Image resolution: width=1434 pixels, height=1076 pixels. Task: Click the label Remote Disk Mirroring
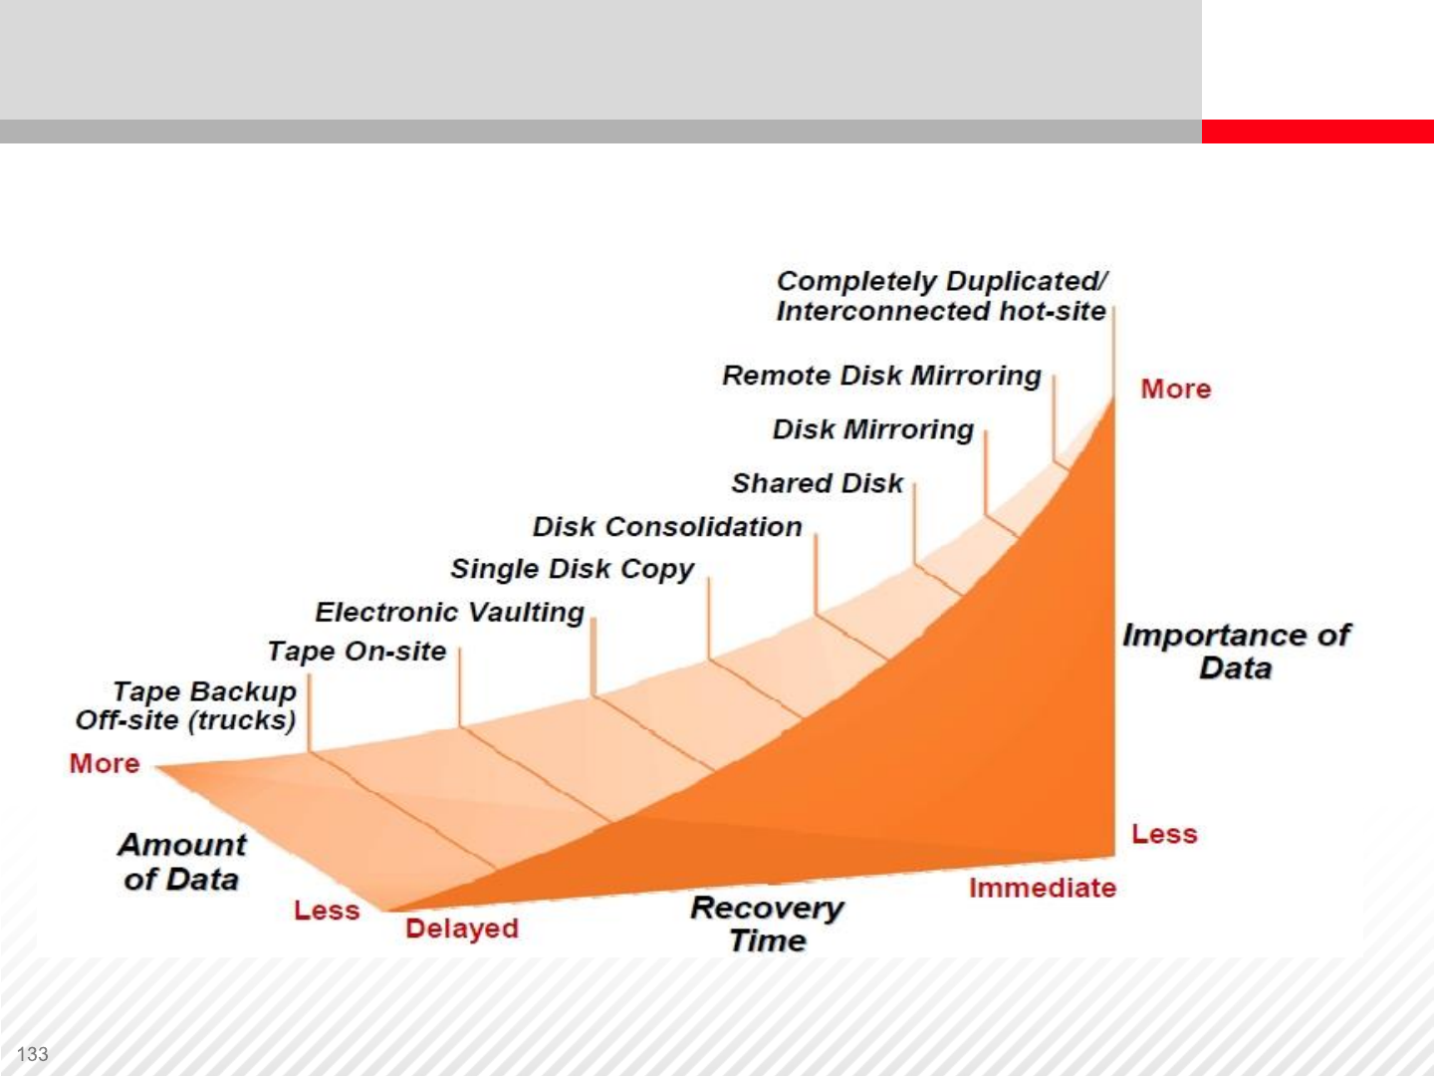point(881,376)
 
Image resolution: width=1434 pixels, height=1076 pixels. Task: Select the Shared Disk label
point(818,483)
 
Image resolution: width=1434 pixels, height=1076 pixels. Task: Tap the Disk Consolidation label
point(667,527)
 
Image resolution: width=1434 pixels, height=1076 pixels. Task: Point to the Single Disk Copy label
point(572,569)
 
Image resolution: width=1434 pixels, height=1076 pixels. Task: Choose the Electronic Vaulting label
point(449,612)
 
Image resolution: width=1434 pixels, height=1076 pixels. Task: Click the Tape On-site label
point(357,652)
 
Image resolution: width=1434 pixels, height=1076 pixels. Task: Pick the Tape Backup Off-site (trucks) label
point(186,706)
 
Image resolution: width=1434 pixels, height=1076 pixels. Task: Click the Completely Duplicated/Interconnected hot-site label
point(941,297)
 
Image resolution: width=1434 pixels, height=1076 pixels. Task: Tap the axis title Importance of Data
point(1236,652)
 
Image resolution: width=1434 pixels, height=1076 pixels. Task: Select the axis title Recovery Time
point(767,925)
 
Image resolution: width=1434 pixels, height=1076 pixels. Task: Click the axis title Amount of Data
point(181,862)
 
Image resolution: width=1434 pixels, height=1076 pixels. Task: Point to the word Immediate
point(1043,888)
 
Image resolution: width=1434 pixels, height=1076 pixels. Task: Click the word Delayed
point(462,929)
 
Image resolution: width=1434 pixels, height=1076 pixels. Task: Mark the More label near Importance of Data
point(1176,389)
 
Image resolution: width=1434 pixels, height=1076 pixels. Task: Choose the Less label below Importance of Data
point(1164,834)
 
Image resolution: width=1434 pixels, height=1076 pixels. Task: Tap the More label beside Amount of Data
point(105,763)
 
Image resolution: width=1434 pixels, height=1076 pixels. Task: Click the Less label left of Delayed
point(327,910)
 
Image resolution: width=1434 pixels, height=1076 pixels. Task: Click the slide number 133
point(33,1054)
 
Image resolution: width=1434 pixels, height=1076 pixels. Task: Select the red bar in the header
point(1317,132)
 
